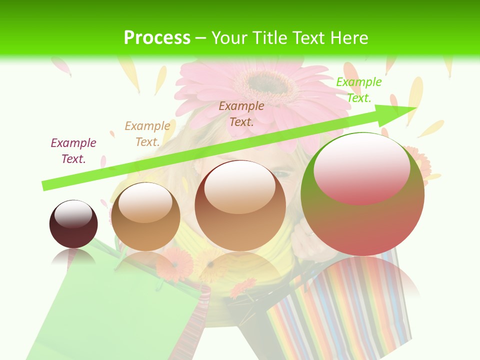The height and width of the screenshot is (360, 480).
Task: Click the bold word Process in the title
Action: pos(157,38)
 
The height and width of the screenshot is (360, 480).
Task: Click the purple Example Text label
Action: pos(73,150)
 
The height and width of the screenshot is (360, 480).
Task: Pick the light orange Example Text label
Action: pos(147,134)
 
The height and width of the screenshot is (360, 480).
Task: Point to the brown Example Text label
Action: pos(241,113)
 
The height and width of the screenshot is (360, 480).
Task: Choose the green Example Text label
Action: pos(358,90)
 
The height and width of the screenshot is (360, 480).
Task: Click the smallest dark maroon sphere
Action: pos(73,224)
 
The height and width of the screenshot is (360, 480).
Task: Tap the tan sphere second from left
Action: pos(145,216)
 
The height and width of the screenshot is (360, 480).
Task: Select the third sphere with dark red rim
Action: pos(240,205)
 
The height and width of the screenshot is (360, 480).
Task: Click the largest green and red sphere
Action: pos(362,194)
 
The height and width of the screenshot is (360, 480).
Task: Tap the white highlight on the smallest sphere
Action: pos(73,214)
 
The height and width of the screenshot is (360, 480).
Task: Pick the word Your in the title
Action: pos(229,38)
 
